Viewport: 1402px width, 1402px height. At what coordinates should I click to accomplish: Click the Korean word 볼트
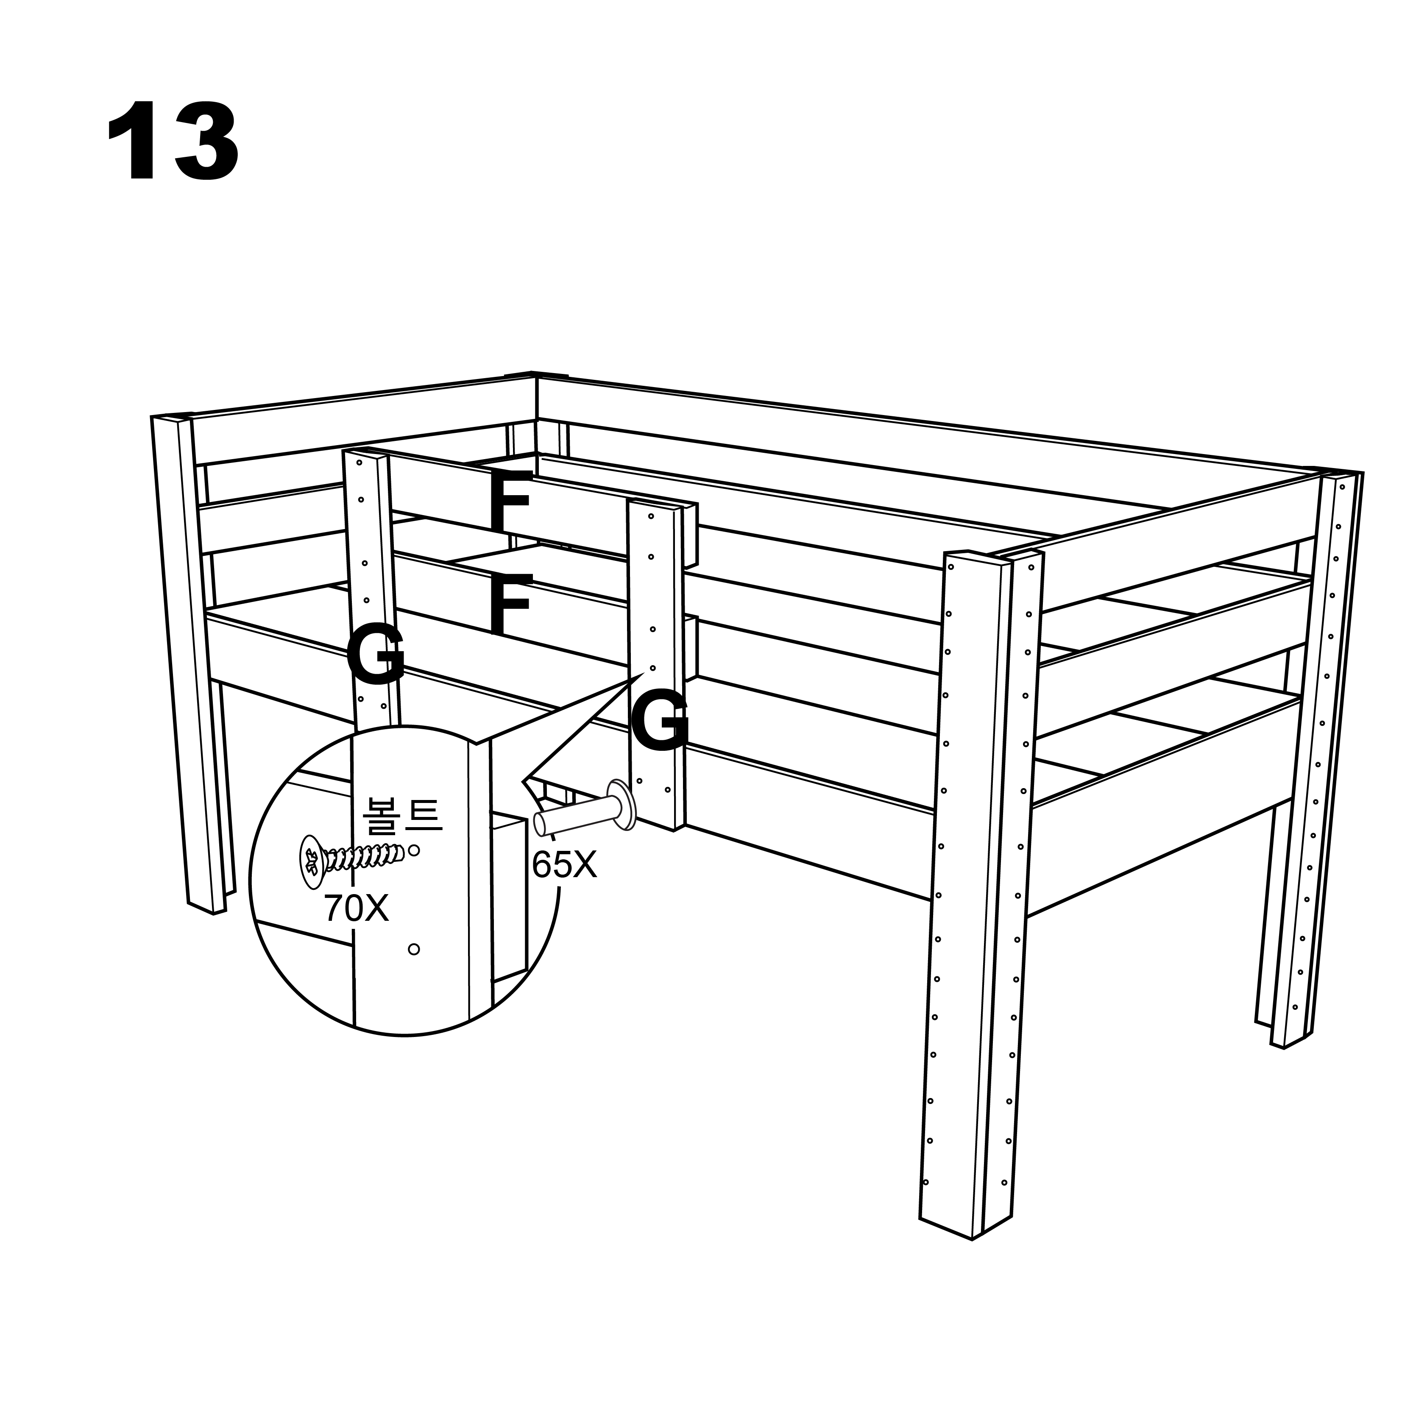pyautogui.click(x=401, y=815)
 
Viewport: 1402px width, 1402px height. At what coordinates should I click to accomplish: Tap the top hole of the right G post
pyautogui.click(x=651, y=516)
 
